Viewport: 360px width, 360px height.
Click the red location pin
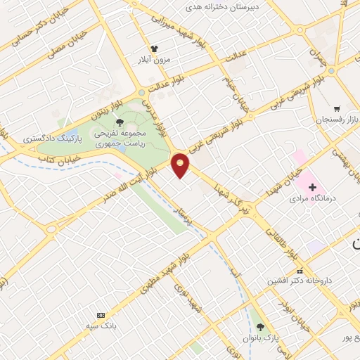point(181,165)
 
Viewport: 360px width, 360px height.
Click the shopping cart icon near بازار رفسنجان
point(337,109)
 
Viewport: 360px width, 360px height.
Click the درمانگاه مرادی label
point(314,199)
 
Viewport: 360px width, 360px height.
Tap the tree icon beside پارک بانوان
point(262,328)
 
